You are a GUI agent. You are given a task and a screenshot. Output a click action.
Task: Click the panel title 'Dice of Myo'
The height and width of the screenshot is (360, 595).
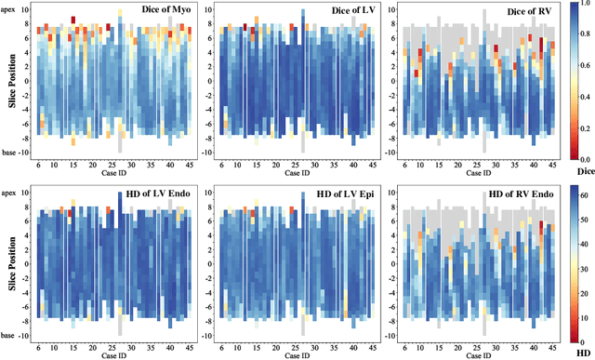point(157,11)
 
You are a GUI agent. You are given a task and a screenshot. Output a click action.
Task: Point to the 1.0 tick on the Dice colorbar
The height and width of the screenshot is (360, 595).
point(584,8)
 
